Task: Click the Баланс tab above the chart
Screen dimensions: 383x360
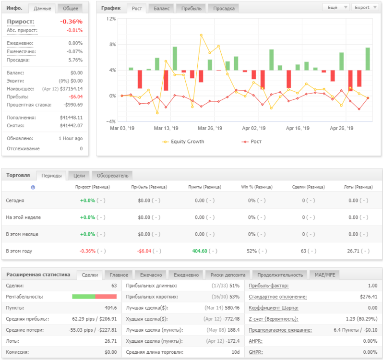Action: tap(161, 8)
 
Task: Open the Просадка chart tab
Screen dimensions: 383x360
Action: tap(224, 8)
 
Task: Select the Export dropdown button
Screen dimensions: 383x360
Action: tap(365, 7)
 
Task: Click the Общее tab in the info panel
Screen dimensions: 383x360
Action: tap(71, 8)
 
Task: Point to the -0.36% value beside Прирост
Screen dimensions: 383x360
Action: tap(72, 22)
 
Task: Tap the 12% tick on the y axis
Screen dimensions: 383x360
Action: tap(111, 19)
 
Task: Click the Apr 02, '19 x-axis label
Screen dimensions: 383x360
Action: tap(253, 128)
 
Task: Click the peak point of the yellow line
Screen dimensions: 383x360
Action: tap(201, 35)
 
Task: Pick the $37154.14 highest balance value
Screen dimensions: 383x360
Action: tap(72, 89)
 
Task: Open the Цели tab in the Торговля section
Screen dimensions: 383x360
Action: tap(79, 176)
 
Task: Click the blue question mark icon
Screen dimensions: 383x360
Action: tap(33, 187)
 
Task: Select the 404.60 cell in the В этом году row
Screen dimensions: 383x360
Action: tap(200, 251)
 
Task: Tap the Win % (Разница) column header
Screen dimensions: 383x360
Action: tap(257, 187)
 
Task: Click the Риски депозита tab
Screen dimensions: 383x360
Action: tap(228, 275)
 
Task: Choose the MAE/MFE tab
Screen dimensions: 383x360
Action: tap(324, 275)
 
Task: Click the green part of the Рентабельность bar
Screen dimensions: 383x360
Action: tap(84, 297)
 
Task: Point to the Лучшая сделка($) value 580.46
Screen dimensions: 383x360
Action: tap(232, 308)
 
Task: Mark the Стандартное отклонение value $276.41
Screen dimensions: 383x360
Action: tap(369, 297)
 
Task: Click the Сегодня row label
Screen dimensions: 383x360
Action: tap(15, 201)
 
